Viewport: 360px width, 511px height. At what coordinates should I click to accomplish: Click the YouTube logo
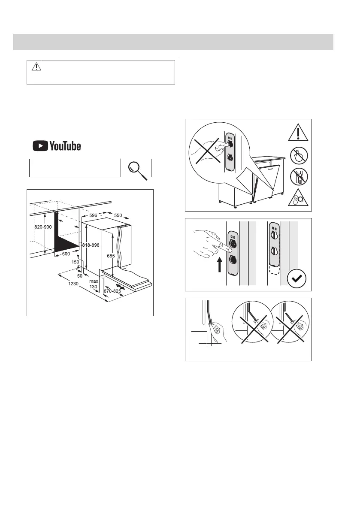(57, 146)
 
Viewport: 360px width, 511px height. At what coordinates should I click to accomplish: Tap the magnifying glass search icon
(137, 168)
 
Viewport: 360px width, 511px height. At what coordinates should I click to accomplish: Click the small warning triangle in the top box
(37, 67)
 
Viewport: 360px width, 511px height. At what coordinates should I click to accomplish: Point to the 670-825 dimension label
(112, 291)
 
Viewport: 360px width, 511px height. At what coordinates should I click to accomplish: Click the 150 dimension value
(76, 262)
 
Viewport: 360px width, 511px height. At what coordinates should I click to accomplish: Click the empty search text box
(75, 168)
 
